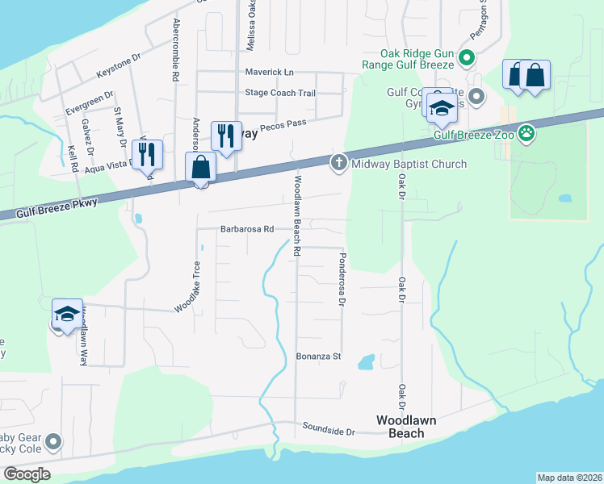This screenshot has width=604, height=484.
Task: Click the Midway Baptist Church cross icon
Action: (x=339, y=164)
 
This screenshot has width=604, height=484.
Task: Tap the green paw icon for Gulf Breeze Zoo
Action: (x=526, y=134)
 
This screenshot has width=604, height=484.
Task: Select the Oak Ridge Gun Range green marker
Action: (x=466, y=58)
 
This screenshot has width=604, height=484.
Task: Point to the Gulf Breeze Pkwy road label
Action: (x=55, y=207)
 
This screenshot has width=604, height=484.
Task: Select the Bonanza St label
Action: (x=319, y=356)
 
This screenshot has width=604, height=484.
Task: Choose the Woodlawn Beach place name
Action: (x=401, y=427)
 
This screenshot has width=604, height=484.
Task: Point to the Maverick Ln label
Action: (x=269, y=73)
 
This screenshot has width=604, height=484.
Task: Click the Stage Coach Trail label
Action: (x=280, y=93)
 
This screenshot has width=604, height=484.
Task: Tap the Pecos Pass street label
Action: (x=287, y=122)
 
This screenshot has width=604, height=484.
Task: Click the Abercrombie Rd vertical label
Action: (x=175, y=51)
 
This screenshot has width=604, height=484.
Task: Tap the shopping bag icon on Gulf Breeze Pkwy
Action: (x=200, y=169)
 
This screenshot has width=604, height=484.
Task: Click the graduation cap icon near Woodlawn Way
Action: (x=67, y=313)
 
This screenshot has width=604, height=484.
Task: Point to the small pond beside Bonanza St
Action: (x=366, y=361)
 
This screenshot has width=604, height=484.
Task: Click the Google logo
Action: (x=26, y=474)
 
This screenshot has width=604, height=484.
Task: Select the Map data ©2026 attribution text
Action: (x=569, y=478)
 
